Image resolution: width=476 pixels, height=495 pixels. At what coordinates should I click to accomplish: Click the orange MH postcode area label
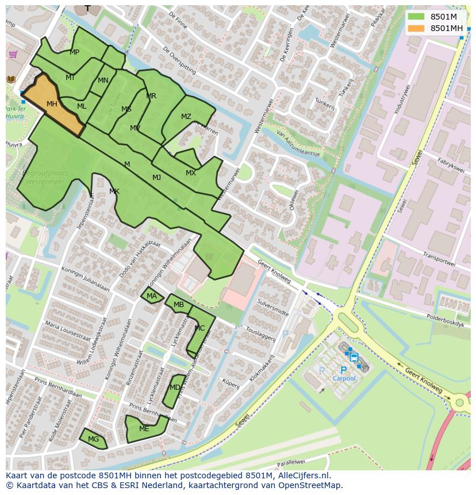click(x=52, y=104)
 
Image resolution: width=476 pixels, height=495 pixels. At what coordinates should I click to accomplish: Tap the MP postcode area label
click(x=74, y=52)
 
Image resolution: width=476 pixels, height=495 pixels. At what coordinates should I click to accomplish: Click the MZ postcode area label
click(x=186, y=117)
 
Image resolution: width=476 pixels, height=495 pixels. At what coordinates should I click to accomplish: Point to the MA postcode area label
click(x=151, y=296)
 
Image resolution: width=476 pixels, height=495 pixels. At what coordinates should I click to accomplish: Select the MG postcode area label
click(x=93, y=439)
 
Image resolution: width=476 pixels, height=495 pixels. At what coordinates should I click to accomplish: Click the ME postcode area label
click(x=144, y=429)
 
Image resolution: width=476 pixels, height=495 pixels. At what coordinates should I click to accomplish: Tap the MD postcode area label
click(x=174, y=387)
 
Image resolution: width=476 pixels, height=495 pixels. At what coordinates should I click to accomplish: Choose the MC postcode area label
click(x=199, y=328)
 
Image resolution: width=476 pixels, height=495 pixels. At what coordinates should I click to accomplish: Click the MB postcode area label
click(x=179, y=305)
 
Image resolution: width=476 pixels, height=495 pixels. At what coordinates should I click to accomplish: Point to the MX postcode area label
click(x=190, y=173)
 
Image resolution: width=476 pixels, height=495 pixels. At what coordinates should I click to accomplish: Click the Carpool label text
click(x=344, y=378)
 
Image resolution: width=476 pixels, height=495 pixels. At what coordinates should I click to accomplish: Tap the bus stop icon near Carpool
click(x=354, y=357)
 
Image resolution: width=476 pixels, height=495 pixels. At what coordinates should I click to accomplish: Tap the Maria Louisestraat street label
click(x=67, y=335)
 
